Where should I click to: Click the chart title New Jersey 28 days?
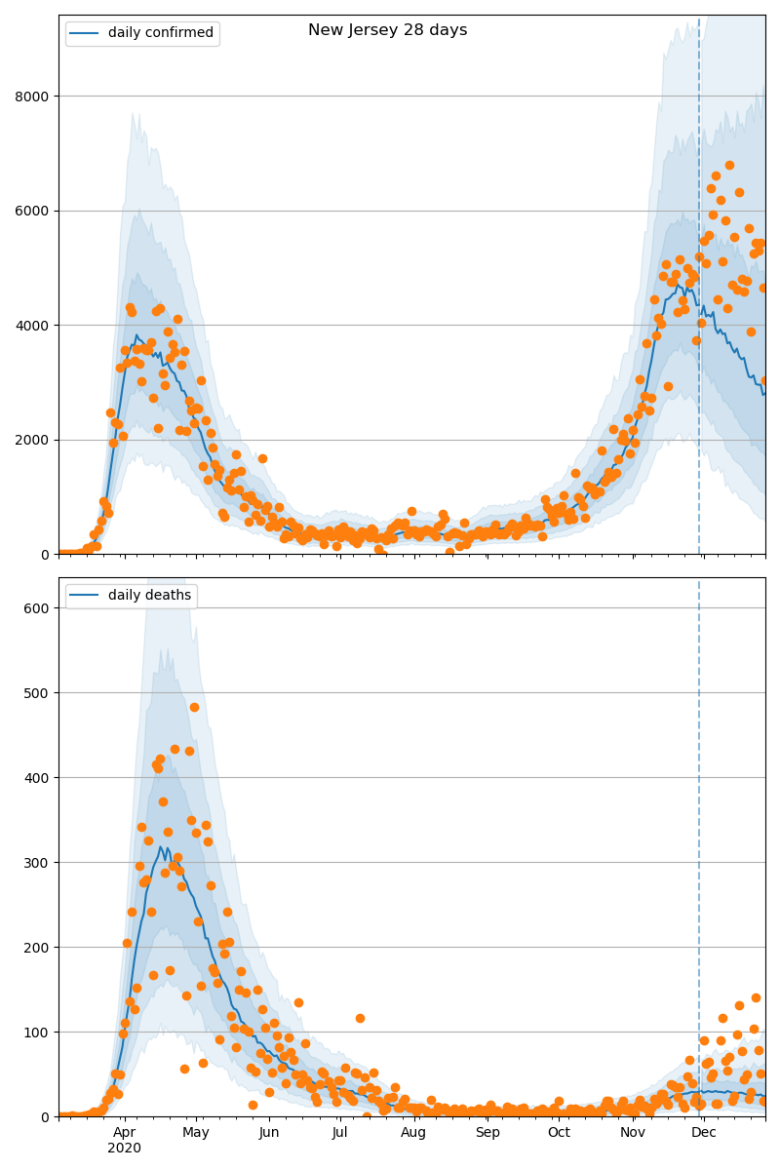tap(387, 30)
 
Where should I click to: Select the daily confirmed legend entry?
tap(160, 33)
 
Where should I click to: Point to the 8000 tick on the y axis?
tap(33, 97)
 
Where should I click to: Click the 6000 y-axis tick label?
tap(33, 211)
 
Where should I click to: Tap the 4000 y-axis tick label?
tap(33, 326)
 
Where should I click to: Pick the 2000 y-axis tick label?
tap(33, 440)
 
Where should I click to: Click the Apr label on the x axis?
tap(124, 1133)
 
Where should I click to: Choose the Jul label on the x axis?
tap(339, 1133)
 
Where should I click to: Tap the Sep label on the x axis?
tap(487, 1133)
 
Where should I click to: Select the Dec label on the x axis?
tap(704, 1133)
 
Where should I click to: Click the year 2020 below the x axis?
tap(124, 1149)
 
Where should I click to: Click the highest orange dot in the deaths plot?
tap(194, 707)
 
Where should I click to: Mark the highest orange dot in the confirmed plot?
tap(729, 165)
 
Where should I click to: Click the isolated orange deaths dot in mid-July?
tap(360, 1018)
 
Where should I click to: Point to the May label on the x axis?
tap(196, 1133)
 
